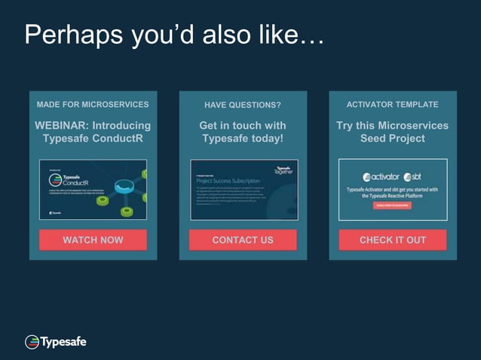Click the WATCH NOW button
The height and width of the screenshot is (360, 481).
(x=93, y=240)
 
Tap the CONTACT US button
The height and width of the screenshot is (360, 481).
(x=243, y=240)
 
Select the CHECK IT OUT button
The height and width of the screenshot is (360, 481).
(x=392, y=240)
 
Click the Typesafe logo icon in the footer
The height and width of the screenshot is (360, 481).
(x=32, y=342)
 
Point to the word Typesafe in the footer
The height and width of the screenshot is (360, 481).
(x=63, y=342)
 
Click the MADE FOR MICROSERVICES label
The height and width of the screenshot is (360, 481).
(x=93, y=104)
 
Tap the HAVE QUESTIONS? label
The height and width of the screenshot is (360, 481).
(x=243, y=105)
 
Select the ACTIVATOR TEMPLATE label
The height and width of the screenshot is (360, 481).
(x=392, y=104)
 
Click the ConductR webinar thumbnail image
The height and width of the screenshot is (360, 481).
(x=93, y=190)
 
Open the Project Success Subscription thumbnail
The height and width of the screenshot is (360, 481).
(x=244, y=190)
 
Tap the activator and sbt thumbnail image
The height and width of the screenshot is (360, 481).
(x=392, y=190)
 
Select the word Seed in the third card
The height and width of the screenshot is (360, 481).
(x=374, y=139)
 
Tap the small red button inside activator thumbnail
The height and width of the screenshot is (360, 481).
(x=392, y=205)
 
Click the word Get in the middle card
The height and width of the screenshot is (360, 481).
(x=209, y=125)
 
